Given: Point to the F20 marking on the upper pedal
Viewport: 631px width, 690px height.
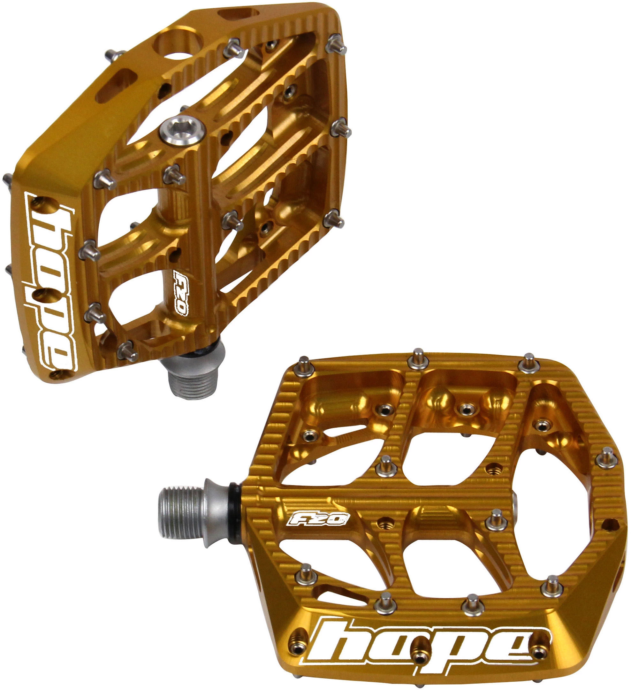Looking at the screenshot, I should tap(180, 293).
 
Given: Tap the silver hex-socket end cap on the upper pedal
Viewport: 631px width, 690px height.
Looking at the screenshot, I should tap(182, 132).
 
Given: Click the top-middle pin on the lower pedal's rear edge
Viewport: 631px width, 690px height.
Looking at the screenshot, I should tap(418, 359).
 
